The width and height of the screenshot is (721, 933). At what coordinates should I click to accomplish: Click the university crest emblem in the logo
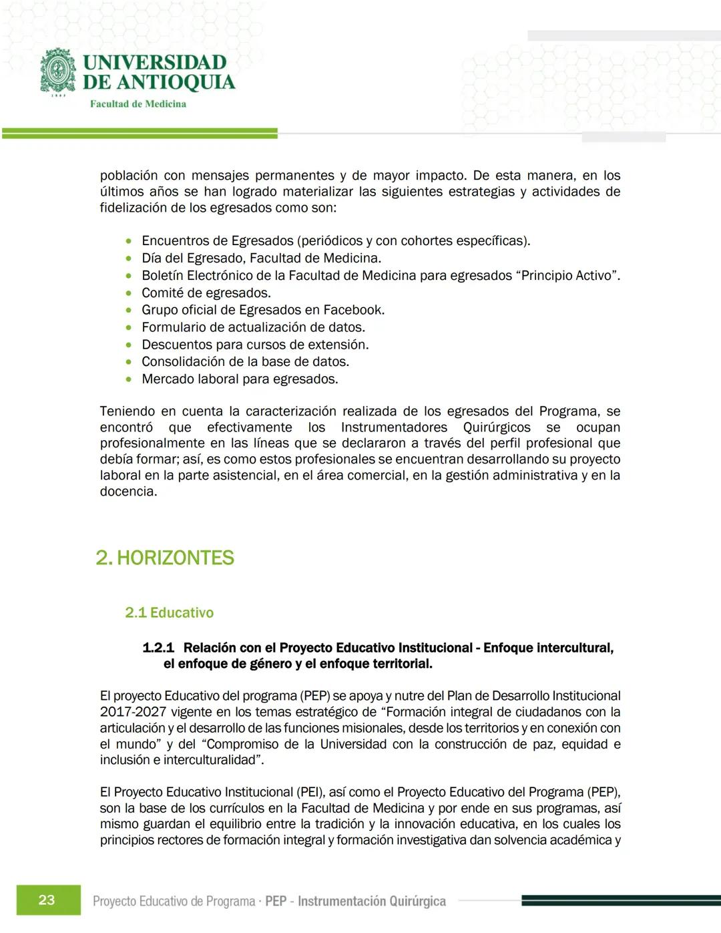pos(59,71)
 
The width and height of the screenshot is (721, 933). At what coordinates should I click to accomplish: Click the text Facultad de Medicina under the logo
pos(138,104)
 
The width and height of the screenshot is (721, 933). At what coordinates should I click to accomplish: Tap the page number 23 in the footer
pos(47,900)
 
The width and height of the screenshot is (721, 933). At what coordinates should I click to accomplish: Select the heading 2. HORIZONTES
pos(165,558)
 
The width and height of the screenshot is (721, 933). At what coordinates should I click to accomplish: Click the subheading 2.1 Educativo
pos(169,612)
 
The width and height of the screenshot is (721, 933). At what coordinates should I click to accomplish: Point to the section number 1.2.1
pos(158,647)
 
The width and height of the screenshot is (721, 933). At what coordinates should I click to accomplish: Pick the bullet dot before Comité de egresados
pos(129,293)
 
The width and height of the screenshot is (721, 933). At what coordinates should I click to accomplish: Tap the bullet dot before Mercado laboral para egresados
pos(129,379)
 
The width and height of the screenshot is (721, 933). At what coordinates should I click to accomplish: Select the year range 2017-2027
pos(133,712)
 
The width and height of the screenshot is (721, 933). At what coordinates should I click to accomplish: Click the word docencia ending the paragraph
pos(128,492)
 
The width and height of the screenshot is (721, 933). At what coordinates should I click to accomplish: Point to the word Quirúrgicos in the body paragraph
pos(497,427)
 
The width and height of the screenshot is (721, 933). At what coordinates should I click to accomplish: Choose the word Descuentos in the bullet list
pos(176,345)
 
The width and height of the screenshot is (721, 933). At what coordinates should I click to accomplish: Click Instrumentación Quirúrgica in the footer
pos(371,901)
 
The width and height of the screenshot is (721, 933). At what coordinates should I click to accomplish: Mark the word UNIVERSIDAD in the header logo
pos(155,63)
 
